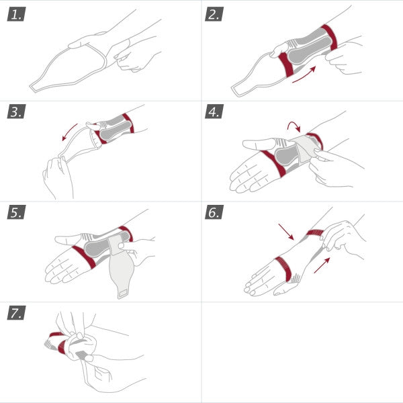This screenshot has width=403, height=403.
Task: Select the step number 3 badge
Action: point(16,113)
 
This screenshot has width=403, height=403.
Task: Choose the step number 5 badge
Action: point(16,213)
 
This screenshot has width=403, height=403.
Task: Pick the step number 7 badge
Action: point(16,313)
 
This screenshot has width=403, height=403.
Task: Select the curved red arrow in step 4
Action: point(294,126)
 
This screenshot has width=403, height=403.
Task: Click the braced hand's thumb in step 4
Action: point(255,144)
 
